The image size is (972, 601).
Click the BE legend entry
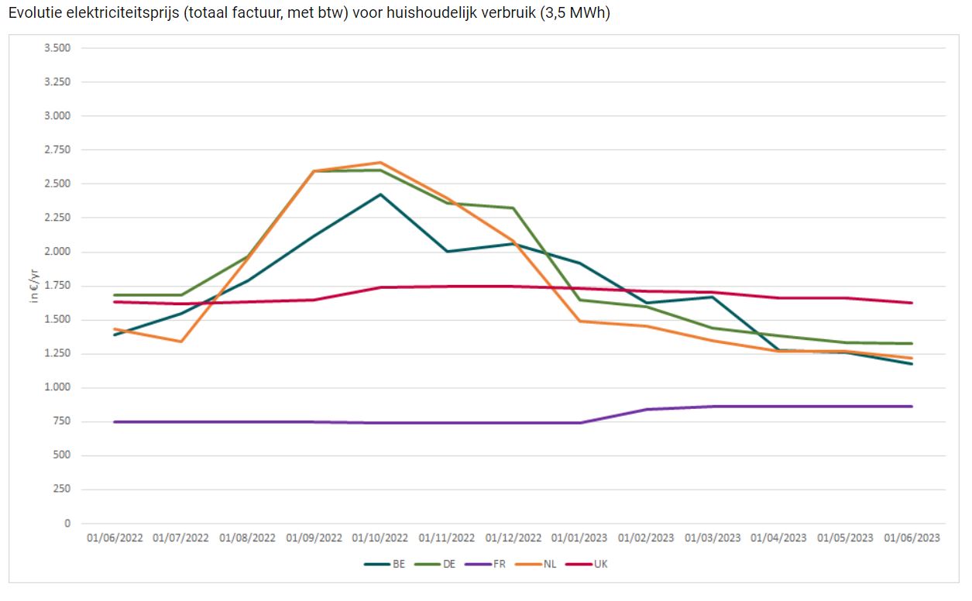(x=385, y=564)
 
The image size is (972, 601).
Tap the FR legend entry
(x=486, y=564)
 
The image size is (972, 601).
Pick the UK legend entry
(x=588, y=564)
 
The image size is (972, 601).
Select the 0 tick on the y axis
(x=66, y=524)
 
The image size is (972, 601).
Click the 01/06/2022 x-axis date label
(x=115, y=537)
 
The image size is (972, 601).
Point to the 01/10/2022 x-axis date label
(x=380, y=537)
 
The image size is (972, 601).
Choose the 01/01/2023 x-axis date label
(x=579, y=537)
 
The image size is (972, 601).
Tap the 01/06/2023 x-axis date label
(x=912, y=537)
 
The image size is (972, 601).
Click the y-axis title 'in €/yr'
(x=34, y=284)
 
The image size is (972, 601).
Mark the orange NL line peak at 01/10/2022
(x=380, y=163)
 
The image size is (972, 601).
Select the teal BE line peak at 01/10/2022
(x=380, y=194)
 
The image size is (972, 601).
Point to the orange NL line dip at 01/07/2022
(x=181, y=342)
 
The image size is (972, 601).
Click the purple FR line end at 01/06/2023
(x=912, y=407)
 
